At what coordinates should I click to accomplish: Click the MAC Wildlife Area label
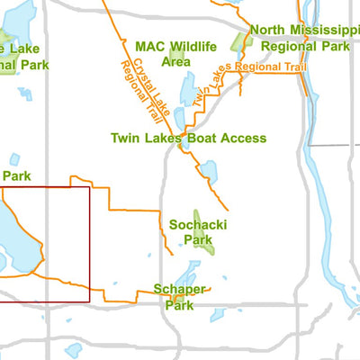[x=175, y=53]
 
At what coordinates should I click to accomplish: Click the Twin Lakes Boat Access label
[x=188, y=138]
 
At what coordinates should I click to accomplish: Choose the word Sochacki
[x=190, y=224]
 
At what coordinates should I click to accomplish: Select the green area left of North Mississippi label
[x=240, y=40]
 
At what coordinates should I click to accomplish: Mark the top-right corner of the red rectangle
[x=90, y=186]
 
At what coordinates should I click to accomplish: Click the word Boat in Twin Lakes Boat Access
[x=205, y=138]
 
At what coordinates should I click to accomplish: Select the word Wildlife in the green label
[x=192, y=46]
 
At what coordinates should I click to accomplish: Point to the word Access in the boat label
[x=244, y=138]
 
